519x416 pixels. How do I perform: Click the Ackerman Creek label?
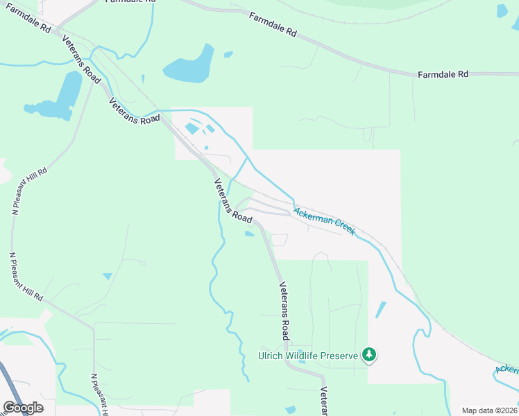[x=324, y=221]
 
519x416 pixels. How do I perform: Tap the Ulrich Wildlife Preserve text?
[x=308, y=356]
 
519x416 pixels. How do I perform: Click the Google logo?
[x=23, y=408]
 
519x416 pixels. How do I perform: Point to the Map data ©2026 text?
[x=490, y=410]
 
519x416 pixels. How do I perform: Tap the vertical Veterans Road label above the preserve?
[x=284, y=310]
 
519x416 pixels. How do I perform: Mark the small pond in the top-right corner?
[x=502, y=11]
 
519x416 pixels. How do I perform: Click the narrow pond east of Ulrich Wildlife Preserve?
[x=380, y=309]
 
